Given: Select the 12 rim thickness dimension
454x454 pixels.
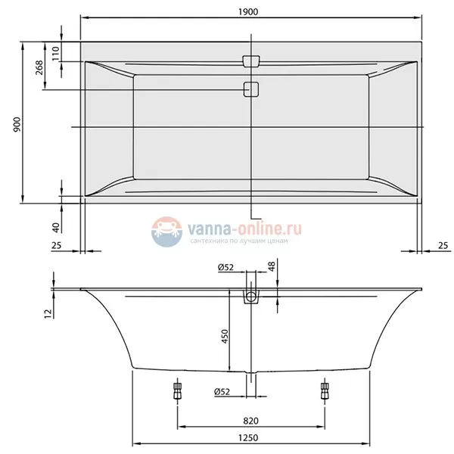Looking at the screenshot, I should pyautogui.click(x=47, y=313).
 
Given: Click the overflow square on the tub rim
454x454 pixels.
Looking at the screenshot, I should pyautogui.click(x=250, y=60).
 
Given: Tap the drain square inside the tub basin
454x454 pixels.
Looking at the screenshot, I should pyautogui.click(x=250, y=89).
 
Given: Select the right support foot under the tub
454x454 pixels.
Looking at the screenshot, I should pyautogui.click(x=326, y=390).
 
